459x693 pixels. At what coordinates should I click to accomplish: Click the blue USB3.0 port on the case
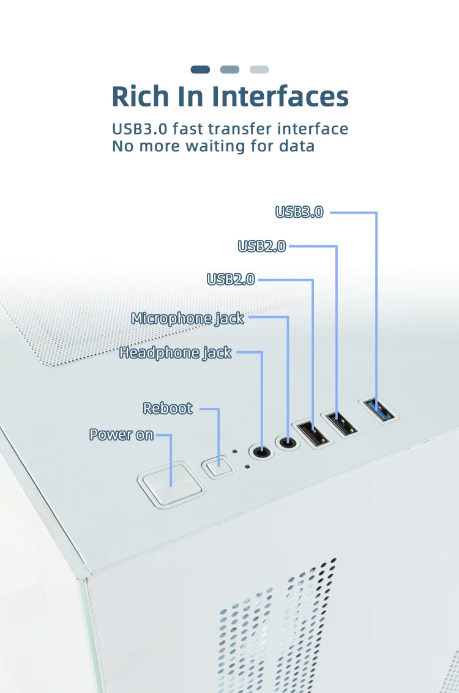379,410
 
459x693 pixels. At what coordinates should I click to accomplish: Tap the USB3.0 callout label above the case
299,212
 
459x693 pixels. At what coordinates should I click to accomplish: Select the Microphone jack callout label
187,318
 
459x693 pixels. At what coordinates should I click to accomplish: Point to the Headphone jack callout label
175,353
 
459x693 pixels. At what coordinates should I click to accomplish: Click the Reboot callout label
168,409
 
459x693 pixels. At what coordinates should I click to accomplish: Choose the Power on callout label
121,435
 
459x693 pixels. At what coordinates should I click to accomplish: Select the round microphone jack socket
288,442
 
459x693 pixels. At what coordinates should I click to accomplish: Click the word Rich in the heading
140,97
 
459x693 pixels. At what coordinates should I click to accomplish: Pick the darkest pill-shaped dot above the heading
200,69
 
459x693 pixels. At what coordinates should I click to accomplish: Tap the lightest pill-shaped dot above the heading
259,69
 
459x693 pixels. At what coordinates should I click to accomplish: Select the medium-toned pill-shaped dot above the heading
229,69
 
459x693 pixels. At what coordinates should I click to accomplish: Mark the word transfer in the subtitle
239,128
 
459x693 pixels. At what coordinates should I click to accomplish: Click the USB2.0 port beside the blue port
340,423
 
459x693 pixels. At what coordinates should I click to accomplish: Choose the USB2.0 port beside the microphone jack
312,434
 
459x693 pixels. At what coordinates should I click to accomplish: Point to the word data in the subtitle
297,146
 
